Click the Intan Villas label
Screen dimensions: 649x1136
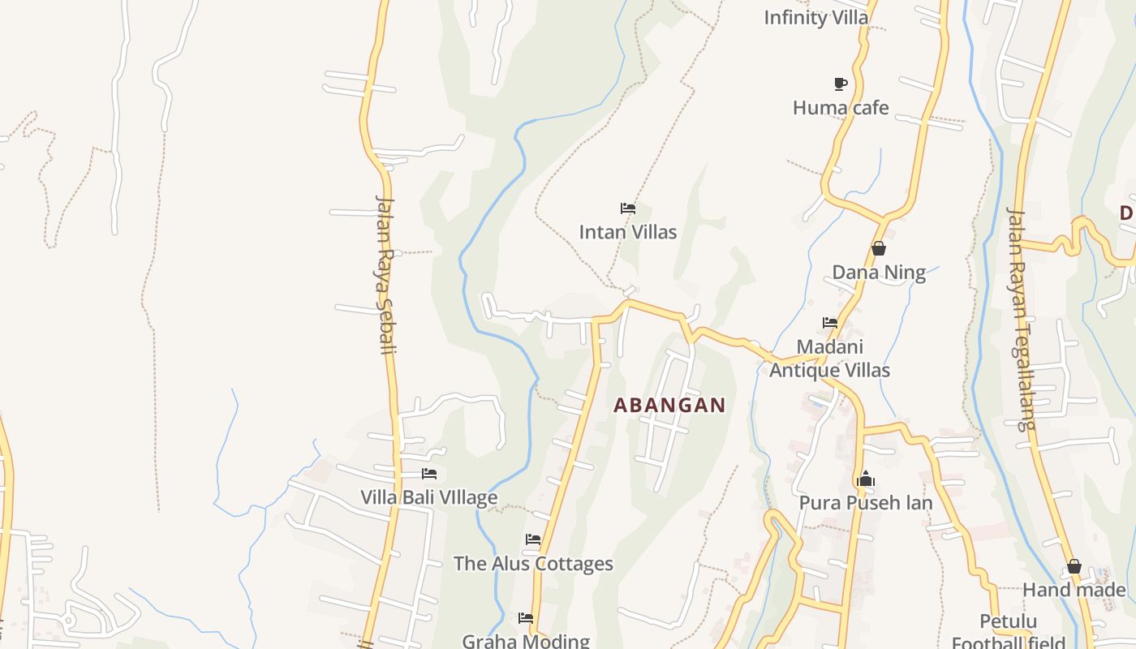(627, 232)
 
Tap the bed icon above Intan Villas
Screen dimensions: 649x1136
(627, 208)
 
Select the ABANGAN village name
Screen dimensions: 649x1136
(669, 405)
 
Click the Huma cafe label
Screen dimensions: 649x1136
(841, 108)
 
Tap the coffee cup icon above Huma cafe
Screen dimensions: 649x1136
(841, 84)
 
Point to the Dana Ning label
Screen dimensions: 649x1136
(879, 272)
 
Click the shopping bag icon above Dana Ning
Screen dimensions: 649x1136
(878, 248)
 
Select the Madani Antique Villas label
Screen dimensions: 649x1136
(829, 359)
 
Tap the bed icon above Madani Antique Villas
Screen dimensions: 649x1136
(829, 323)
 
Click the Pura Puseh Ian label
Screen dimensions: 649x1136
(866, 503)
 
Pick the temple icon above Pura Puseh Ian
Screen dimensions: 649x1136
(866, 479)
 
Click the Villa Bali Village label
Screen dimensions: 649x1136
(428, 497)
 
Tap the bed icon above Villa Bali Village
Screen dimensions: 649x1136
(429, 474)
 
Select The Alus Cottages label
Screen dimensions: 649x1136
(533, 564)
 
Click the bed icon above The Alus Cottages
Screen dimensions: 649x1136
(533, 539)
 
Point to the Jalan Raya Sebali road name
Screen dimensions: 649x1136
(385, 274)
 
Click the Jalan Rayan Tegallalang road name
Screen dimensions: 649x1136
(1020, 318)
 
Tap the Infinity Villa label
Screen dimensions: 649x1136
(815, 17)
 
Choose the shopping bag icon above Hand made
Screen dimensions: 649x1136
(1074, 566)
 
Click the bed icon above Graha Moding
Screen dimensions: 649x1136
(526, 618)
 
